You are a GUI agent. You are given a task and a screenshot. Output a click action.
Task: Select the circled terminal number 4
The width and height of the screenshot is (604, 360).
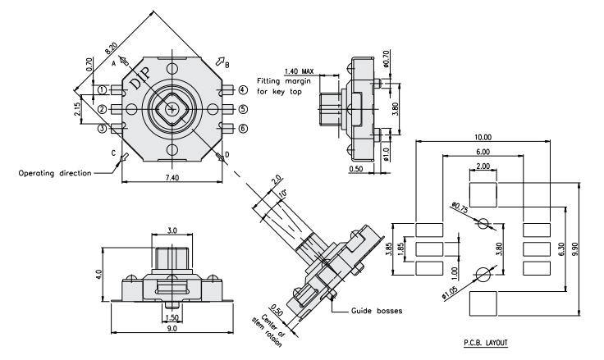coord(243,89)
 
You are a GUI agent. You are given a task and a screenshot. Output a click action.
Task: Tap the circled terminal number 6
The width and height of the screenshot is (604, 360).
coord(243,128)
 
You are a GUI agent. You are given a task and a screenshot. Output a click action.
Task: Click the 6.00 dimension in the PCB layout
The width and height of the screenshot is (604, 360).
coord(483,153)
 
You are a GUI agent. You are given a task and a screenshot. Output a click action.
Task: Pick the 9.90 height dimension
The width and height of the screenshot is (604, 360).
coord(586,244)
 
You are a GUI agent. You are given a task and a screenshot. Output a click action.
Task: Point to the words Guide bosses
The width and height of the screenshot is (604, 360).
coord(374,311)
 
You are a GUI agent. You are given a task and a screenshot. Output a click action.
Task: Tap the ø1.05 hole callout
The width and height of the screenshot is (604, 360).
coord(452,289)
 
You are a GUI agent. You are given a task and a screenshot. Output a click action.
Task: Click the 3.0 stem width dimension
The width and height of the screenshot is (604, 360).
coord(172,231)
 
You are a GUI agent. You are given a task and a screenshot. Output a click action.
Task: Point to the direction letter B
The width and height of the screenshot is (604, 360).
coord(227,64)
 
